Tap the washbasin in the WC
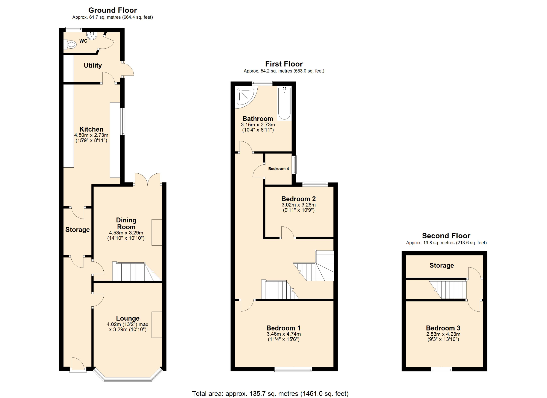click(x=92, y=36)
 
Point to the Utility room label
click(x=93, y=65)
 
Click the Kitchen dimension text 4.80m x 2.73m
click(x=91, y=135)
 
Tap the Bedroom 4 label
click(x=278, y=169)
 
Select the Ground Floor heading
click(x=112, y=10)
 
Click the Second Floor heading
click(x=446, y=236)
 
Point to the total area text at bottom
click(x=270, y=394)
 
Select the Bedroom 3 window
click(x=441, y=370)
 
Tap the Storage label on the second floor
click(x=441, y=265)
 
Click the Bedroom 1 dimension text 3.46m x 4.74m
click(x=284, y=334)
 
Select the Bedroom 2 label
click(x=298, y=199)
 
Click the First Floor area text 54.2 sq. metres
click(x=284, y=71)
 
